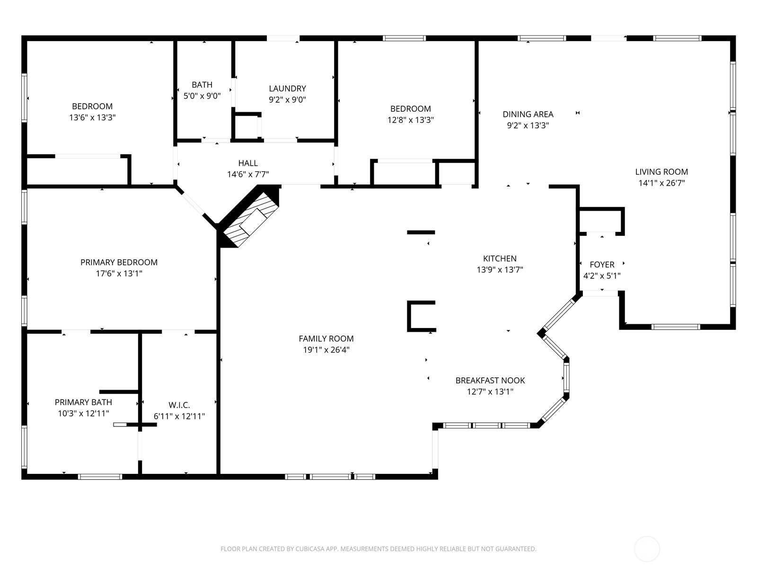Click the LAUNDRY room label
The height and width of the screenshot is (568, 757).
click(287, 89)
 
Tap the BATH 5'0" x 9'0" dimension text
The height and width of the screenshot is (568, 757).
click(202, 96)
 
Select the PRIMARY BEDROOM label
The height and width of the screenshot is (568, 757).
click(119, 262)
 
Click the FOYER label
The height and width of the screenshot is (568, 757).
click(602, 265)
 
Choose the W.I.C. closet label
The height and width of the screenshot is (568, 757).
click(179, 405)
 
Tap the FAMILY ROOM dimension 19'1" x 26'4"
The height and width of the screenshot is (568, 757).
click(326, 350)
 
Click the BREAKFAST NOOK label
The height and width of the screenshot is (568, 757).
click(490, 381)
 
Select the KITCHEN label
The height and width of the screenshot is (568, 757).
click(500, 258)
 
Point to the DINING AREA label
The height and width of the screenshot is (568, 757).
click(528, 114)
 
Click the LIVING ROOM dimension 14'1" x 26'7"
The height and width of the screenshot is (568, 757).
click(661, 183)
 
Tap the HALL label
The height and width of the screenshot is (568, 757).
click(248, 163)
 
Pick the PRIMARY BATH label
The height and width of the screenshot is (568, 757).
click(83, 402)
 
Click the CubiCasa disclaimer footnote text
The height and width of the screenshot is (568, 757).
click(378, 549)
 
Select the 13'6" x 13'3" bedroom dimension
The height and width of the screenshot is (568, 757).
click(92, 118)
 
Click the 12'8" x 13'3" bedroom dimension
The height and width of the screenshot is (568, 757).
click(410, 120)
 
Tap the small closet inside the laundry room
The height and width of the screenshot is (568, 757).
click(246, 127)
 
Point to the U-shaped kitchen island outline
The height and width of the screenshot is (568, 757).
click(420, 316)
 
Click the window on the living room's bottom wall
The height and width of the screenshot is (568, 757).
click(676, 327)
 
